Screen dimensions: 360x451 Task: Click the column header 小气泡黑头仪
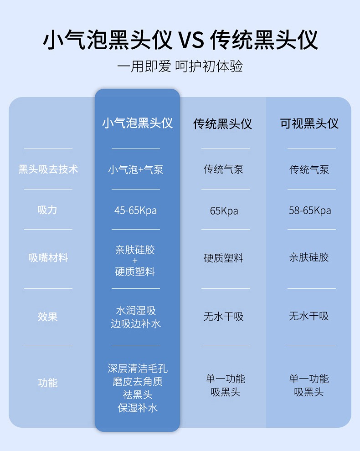137,123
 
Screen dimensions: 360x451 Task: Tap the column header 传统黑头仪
223,123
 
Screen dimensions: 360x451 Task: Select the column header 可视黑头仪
309,123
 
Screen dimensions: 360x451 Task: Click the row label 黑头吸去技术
48,169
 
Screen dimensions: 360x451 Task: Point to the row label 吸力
48,210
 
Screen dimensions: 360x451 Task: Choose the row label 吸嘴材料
48,258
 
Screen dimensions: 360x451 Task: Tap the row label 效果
48,317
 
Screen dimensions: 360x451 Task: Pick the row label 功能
48,383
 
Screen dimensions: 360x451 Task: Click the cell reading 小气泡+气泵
136,170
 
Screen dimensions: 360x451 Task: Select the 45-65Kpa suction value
136,210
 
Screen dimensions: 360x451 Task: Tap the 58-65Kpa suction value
309,210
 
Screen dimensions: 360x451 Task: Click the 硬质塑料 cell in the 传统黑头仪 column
223,258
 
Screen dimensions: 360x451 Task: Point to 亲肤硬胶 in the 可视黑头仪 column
309,257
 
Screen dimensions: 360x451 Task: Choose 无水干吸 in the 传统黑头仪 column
223,316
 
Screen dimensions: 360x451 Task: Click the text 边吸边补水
136,324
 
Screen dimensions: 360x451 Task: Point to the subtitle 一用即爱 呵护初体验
180,66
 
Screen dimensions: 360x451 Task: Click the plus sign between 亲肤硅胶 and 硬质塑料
135,261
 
